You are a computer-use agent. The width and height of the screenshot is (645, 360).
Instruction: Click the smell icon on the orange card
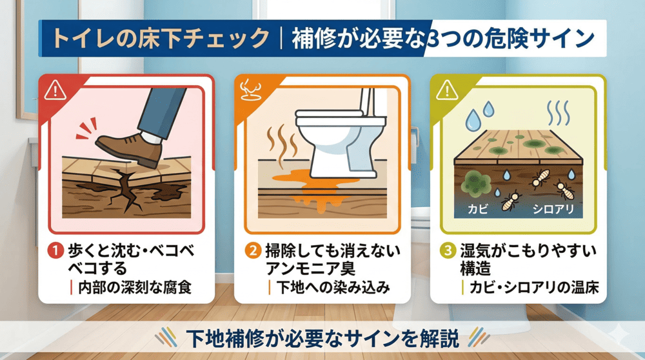[249, 90]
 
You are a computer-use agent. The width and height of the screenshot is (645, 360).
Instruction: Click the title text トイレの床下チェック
[160, 38]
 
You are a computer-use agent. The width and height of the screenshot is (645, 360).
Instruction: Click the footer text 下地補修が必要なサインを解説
[323, 337]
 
